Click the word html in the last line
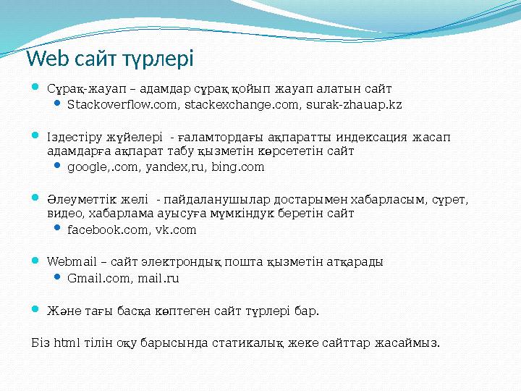68,341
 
